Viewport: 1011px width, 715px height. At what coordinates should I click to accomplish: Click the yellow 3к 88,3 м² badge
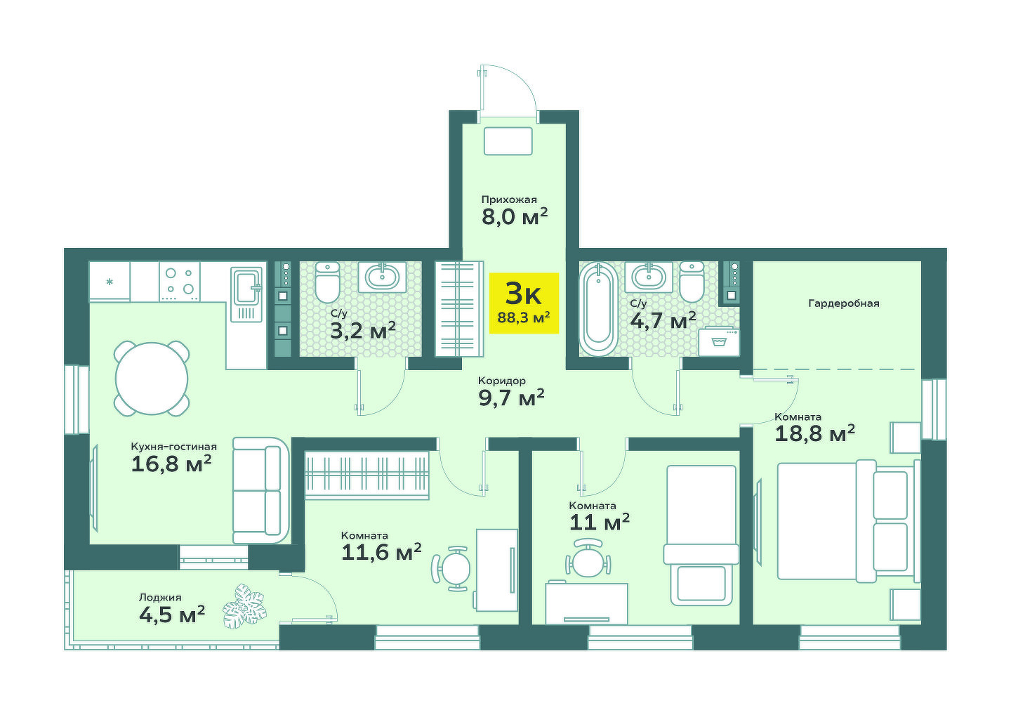pos(524,303)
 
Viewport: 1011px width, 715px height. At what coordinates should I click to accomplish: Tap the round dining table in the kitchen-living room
pos(152,379)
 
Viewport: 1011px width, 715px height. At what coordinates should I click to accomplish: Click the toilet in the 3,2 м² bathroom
pos(327,282)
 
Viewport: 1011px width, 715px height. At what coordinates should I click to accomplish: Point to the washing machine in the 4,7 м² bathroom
pos(719,342)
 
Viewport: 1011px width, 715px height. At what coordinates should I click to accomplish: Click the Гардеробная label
pos(844,303)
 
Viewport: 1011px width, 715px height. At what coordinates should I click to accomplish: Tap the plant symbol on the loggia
pos(244,605)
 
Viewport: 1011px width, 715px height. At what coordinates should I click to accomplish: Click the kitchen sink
pos(246,294)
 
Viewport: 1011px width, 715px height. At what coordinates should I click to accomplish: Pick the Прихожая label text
pos(508,199)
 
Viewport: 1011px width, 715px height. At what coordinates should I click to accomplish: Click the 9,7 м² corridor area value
pos(511,398)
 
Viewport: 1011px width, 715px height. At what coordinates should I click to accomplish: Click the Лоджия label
pos(160,598)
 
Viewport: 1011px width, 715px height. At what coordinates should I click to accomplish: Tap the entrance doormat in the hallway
pos(508,141)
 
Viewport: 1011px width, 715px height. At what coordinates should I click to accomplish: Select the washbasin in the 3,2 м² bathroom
pos(382,276)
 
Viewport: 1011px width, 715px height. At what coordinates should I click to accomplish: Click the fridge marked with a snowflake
pos(110,282)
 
